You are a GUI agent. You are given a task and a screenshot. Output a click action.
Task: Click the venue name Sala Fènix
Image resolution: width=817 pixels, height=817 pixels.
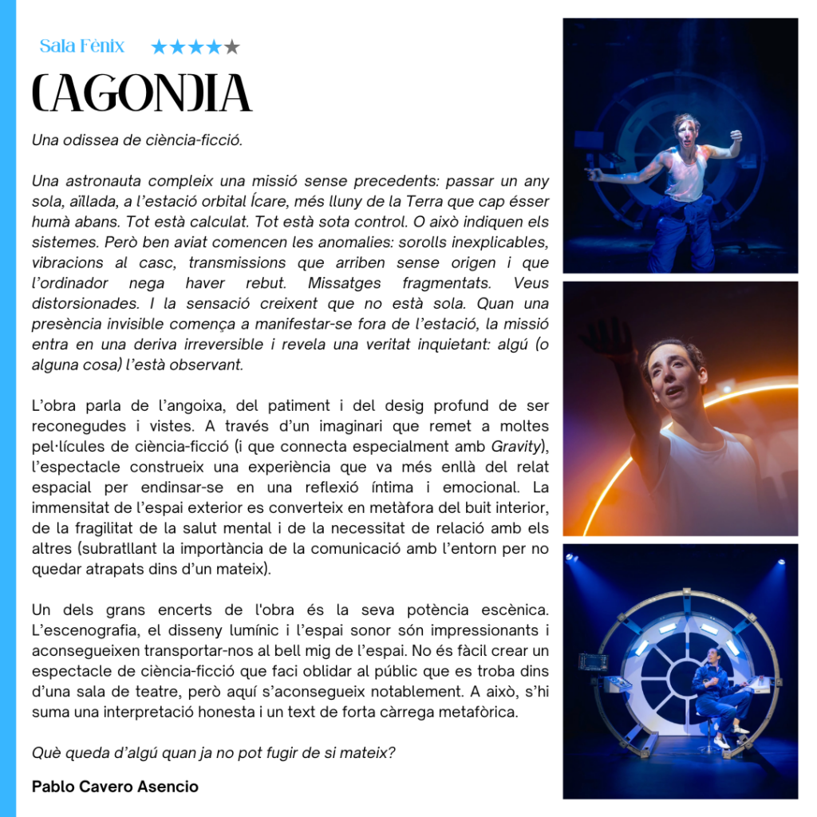82,46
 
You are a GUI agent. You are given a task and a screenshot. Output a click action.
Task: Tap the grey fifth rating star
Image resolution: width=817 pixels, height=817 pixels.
232,47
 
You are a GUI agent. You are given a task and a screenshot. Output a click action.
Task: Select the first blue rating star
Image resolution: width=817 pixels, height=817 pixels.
159,47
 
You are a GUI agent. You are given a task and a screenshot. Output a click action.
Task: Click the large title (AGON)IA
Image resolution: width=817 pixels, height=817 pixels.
142,93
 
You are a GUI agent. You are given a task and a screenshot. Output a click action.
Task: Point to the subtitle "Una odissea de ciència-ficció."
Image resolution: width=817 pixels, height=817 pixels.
137,140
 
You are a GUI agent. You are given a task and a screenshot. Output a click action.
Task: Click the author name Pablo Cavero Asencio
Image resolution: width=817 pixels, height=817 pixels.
115,787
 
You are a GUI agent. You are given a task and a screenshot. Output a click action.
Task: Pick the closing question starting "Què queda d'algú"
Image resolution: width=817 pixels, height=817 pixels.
213,752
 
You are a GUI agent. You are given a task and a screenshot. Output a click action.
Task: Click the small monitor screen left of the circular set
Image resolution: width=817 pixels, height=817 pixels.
593,661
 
